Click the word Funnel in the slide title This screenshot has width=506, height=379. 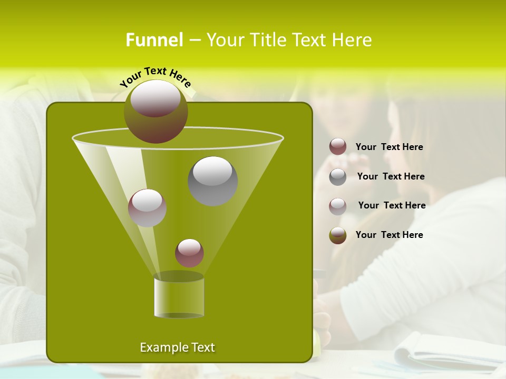(x=154, y=40)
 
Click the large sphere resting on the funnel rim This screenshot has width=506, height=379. (x=155, y=111)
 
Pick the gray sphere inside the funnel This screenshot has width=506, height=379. (x=212, y=181)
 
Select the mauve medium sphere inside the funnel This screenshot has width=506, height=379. (x=147, y=207)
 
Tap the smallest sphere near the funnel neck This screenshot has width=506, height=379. (x=189, y=253)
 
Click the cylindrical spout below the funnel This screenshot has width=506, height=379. (x=179, y=297)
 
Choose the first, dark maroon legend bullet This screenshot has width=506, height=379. (x=338, y=147)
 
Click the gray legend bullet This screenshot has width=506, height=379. (x=338, y=176)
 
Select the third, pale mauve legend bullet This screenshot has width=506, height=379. (x=338, y=206)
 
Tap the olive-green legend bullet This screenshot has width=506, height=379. (x=338, y=235)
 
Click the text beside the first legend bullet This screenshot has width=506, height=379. (x=389, y=147)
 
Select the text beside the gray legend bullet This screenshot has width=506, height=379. (x=391, y=176)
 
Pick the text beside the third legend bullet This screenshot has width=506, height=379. (x=392, y=205)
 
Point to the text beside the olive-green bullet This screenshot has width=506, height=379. (x=389, y=235)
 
